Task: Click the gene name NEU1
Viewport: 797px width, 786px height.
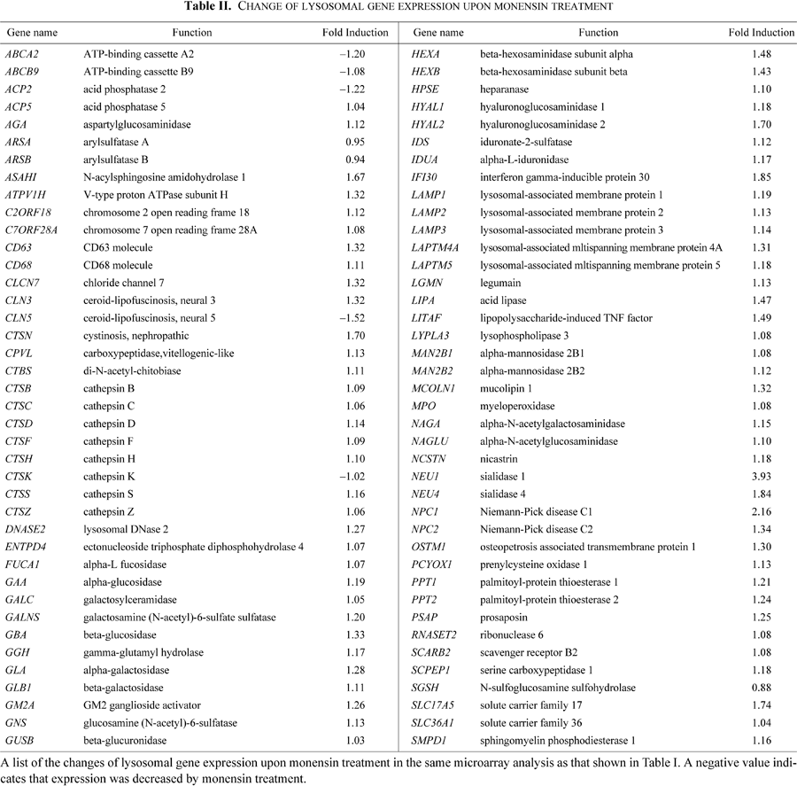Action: click(425, 477)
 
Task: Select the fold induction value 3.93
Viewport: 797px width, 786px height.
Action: click(762, 477)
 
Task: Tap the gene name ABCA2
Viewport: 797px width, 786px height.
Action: click(22, 54)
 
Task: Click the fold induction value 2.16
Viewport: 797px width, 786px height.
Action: click(762, 512)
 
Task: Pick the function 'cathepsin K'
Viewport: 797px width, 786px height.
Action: click(109, 477)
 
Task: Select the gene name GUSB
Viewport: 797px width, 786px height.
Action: click(19, 741)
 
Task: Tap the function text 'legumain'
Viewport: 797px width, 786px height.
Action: click(500, 284)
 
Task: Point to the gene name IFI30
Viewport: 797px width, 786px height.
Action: click(424, 177)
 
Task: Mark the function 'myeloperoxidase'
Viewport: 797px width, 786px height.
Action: click(517, 407)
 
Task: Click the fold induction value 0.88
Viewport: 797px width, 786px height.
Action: click(762, 688)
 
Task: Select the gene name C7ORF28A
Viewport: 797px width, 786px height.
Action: click(31, 230)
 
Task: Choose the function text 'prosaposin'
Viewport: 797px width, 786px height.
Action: click(504, 618)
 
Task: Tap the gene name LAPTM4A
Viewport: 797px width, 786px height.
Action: click(435, 248)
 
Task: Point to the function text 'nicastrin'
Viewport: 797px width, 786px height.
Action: click(499, 459)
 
